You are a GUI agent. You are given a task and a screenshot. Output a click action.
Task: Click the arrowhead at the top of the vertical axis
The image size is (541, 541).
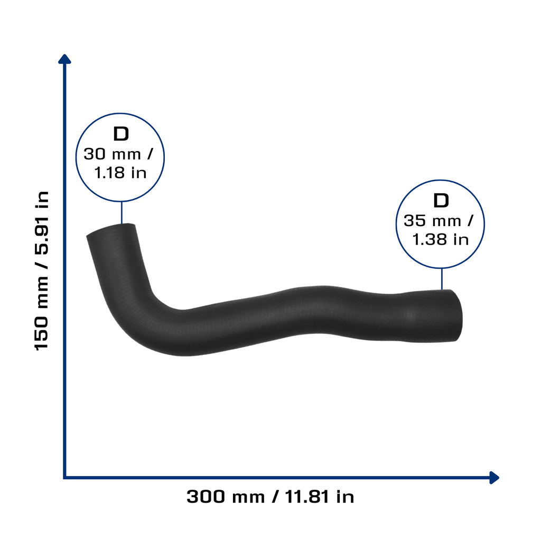pos(64,59)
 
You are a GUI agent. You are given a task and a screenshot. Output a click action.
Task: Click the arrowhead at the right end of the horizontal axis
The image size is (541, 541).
pos(495,478)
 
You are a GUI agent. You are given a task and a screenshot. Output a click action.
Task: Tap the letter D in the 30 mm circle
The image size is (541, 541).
pos(121,134)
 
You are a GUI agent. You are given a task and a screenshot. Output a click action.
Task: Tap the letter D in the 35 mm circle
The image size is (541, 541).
pos(441,200)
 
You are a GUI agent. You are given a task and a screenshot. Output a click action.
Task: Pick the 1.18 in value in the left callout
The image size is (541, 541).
pos(120,173)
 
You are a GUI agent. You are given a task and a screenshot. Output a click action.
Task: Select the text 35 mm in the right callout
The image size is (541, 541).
pos(432,221)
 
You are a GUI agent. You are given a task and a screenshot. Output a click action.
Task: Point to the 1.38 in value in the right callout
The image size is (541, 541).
pos(441,239)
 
